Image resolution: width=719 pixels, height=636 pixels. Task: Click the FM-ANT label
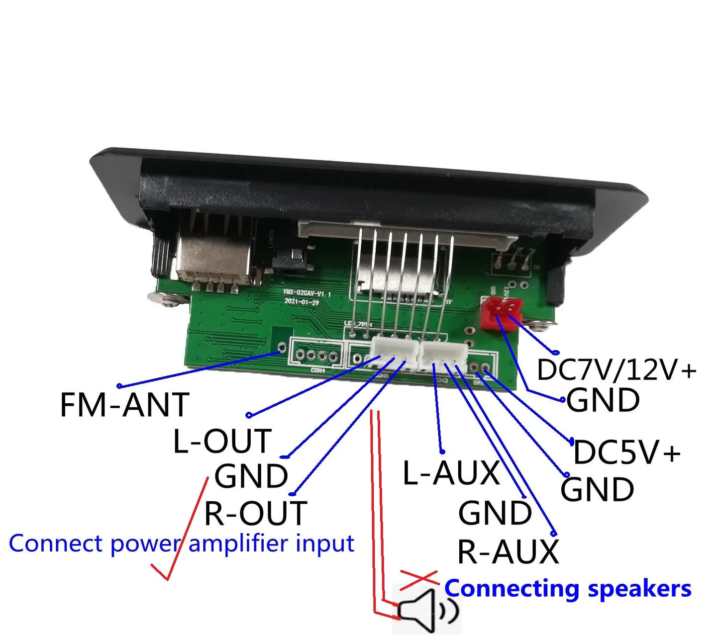click(124, 405)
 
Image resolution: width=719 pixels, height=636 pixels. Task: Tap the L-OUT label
click(222, 441)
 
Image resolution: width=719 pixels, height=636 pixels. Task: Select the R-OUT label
click(256, 513)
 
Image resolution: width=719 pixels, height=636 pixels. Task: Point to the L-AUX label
click(451, 472)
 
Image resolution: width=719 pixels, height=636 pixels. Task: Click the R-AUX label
click(508, 551)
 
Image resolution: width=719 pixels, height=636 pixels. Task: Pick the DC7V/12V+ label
click(616, 370)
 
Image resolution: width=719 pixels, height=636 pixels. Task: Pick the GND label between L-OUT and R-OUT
click(251, 476)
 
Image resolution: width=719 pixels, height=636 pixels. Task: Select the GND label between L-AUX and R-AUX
click(495, 513)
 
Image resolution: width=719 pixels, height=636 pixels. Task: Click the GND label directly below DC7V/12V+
click(603, 400)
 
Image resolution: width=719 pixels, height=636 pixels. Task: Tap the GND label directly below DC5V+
click(597, 489)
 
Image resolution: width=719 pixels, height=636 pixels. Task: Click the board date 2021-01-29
click(302, 302)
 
